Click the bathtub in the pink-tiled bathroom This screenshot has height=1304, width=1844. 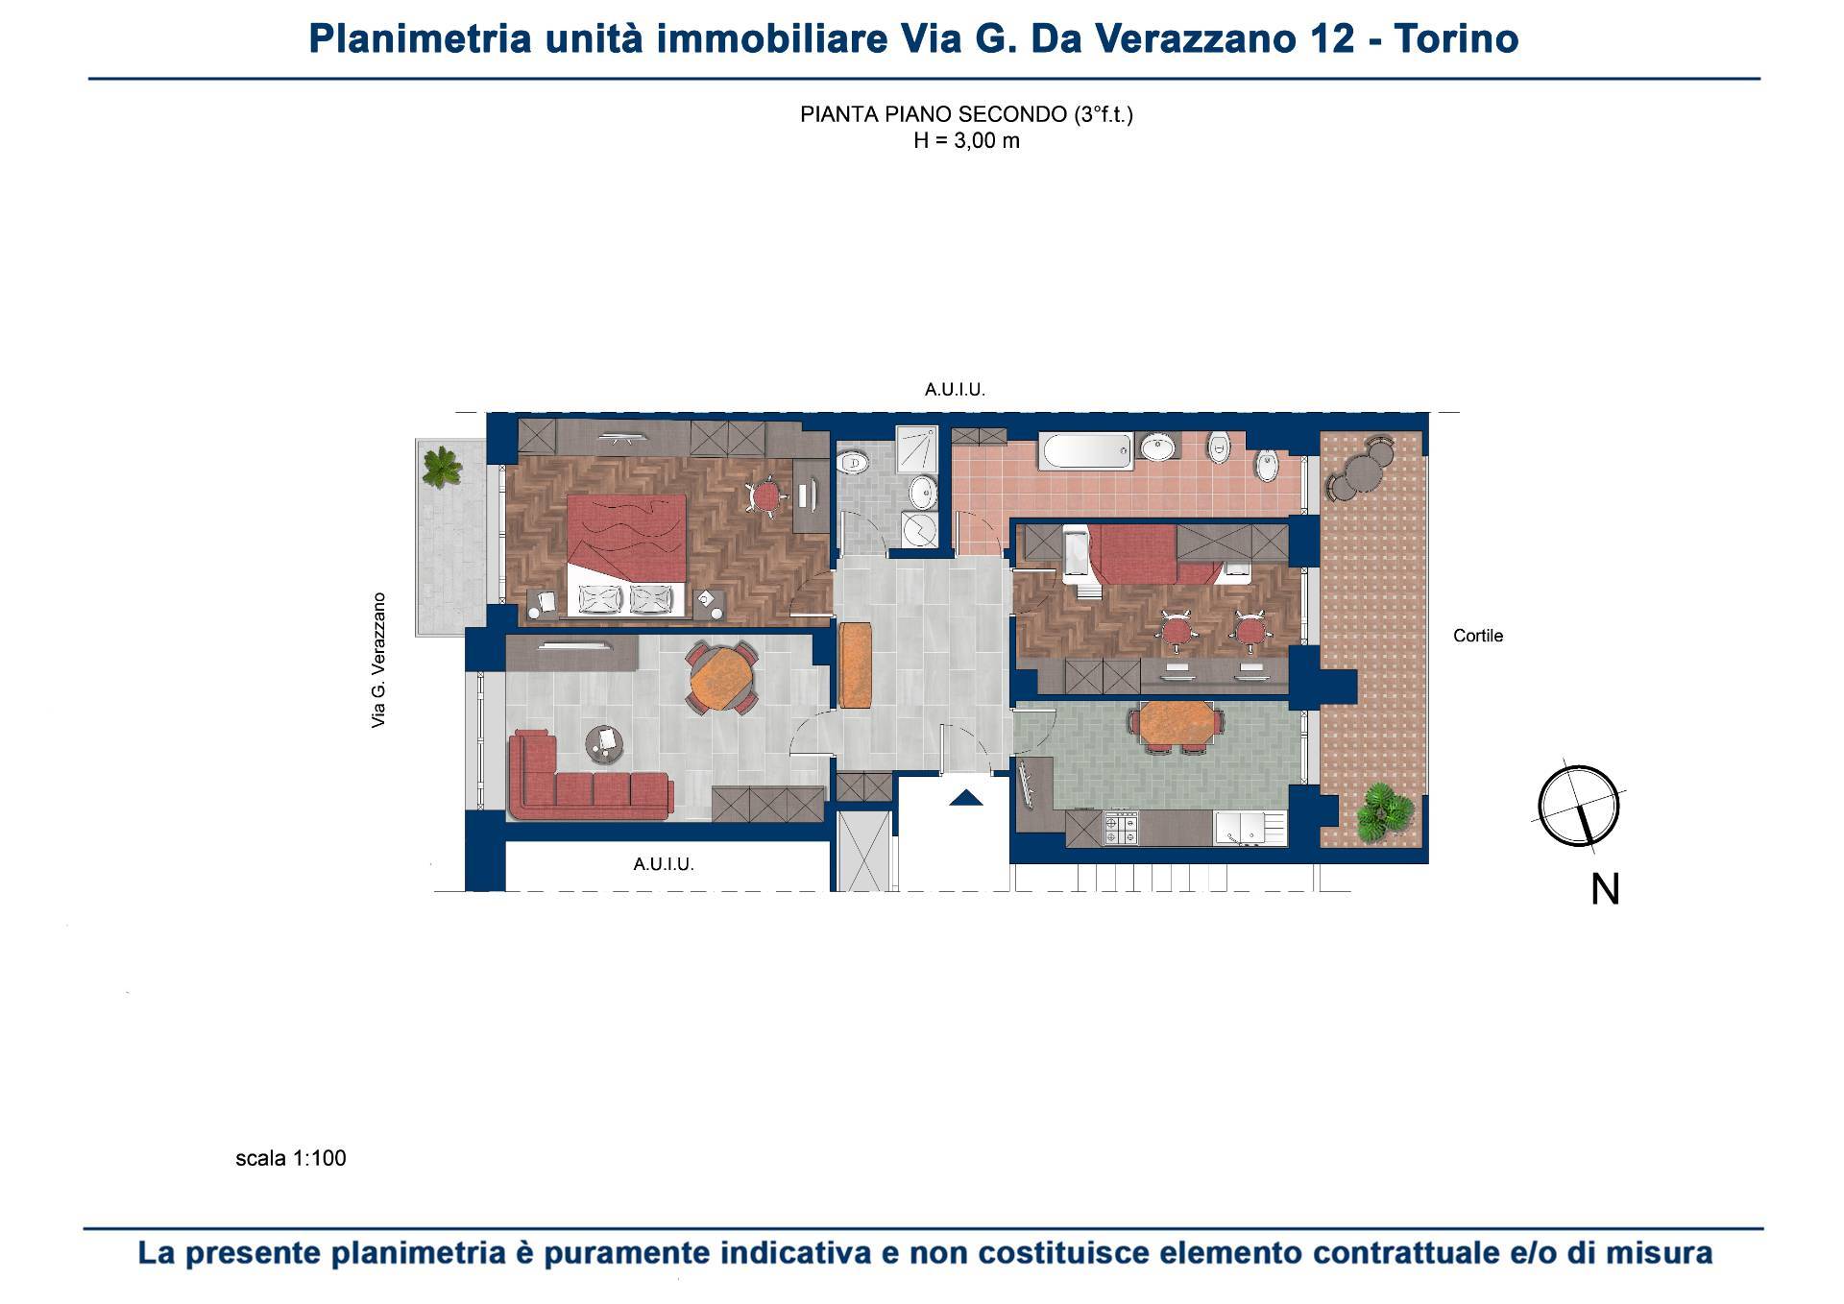pyautogui.click(x=1086, y=452)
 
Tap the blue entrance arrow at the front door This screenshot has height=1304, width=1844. pyautogui.click(x=966, y=797)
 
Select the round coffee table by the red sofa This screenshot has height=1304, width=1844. pyautogui.click(x=606, y=742)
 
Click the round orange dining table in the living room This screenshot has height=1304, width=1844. pyautogui.click(x=722, y=679)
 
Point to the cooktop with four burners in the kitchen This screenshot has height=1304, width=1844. pyautogui.click(x=1120, y=828)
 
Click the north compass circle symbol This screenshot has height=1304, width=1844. pyautogui.click(x=1579, y=806)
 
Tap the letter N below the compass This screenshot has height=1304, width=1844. pyautogui.click(x=1605, y=889)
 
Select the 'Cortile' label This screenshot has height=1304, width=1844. pyautogui.click(x=1478, y=636)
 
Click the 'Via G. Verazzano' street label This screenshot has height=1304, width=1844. pyautogui.click(x=378, y=660)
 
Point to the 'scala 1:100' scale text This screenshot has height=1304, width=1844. pyautogui.click(x=291, y=1158)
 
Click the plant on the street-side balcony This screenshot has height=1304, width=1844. pyautogui.click(x=441, y=467)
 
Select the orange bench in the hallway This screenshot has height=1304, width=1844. pyautogui.click(x=855, y=664)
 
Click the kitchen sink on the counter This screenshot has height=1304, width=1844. pyautogui.click(x=1250, y=828)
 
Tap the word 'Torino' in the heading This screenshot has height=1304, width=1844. pyautogui.click(x=1456, y=38)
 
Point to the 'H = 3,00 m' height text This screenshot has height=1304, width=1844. pyautogui.click(x=966, y=141)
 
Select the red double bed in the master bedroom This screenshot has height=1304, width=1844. pyautogui.click(x=626, y=554)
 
